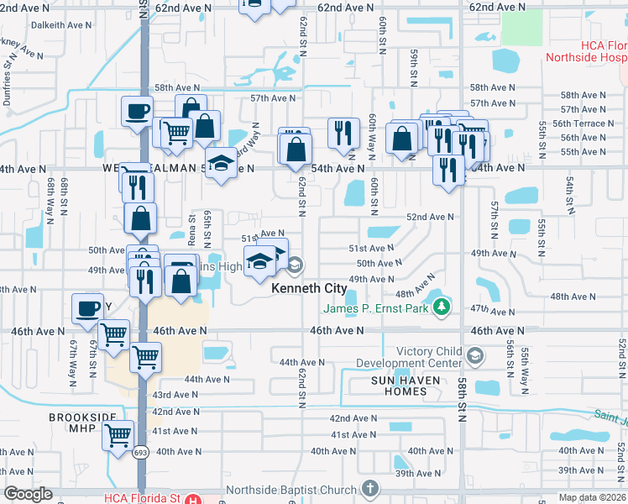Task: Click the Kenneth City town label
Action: (309, 288)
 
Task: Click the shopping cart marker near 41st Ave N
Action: (118, 436)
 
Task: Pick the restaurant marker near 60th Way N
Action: (343, 134)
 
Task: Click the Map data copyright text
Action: (592, 497)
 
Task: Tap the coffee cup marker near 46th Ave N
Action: (87, 308)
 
